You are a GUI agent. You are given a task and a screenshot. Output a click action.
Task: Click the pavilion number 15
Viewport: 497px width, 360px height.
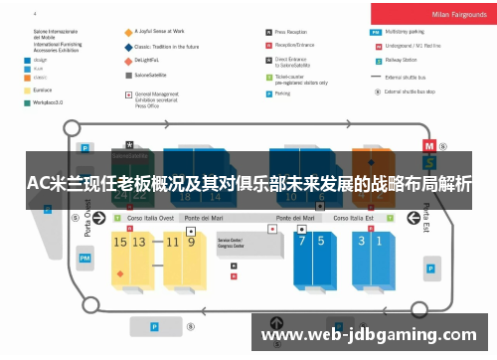click(120, 241)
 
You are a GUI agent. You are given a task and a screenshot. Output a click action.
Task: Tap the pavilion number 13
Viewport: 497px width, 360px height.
click(140, 241)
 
